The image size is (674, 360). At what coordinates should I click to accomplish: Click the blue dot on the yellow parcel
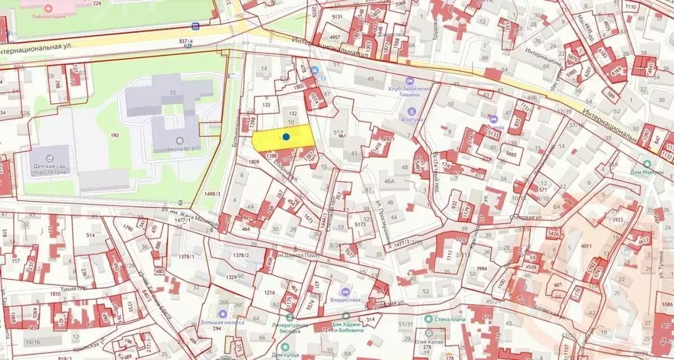287,136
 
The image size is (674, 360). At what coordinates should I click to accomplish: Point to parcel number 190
115,135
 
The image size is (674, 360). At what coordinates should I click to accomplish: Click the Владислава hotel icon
345,291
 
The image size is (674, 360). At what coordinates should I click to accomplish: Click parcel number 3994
481,268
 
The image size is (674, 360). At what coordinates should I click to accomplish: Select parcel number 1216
269,292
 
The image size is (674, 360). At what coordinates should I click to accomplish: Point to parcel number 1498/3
211,193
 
